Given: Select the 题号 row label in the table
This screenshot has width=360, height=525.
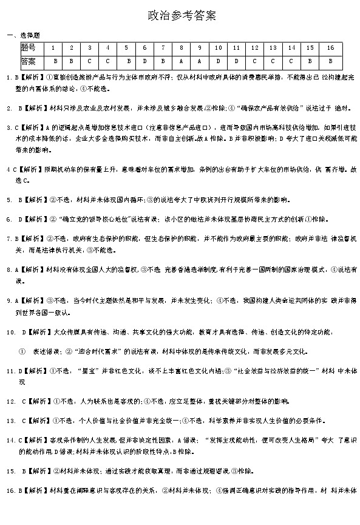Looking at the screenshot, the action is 28,47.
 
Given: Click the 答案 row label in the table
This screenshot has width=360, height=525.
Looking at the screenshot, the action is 28,61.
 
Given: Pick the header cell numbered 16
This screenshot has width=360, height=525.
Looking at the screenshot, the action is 330,47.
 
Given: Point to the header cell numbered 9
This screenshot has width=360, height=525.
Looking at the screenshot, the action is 199,47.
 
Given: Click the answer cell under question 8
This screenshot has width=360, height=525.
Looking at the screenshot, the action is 182,61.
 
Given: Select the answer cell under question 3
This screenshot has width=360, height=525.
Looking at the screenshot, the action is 89,61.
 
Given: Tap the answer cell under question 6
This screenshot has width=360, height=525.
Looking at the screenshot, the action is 145,61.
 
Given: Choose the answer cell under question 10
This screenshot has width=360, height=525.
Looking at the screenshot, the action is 218,61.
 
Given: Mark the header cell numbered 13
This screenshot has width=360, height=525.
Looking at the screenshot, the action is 273,47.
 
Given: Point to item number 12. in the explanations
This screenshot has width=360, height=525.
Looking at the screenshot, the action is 10,402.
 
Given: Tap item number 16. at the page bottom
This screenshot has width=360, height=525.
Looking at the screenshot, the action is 10,490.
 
